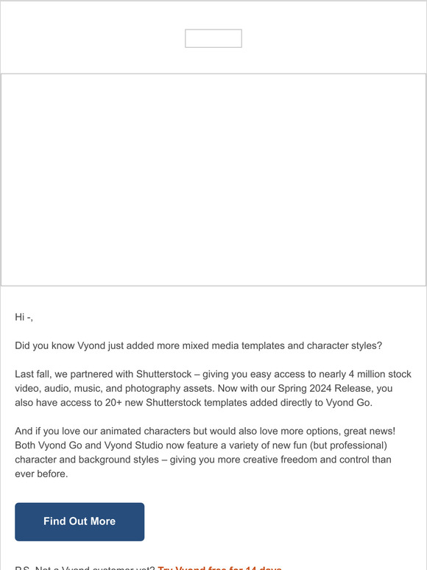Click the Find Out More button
(x=80, y=521)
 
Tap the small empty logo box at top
(x=213, y=38)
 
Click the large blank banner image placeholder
(x=213, y=180)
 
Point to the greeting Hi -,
(x=24, y=317)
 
